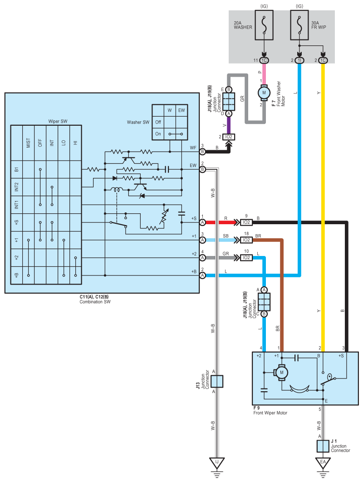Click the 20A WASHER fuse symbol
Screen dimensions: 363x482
(264, 25)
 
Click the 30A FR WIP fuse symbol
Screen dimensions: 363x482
(299, 25)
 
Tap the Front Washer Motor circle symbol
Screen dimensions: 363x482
(264, 93)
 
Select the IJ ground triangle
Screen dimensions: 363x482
(217, 463)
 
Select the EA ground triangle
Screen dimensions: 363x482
(323, 463)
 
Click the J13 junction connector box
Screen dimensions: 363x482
(217, 382)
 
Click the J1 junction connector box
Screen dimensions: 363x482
(323, 446)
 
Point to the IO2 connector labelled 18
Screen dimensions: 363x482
(246, 240)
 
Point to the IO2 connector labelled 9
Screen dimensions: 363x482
(246, 222)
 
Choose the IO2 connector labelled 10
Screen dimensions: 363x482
(246, 258)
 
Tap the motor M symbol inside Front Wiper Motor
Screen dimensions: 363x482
(281, 373)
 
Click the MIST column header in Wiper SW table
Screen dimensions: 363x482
(28, 143)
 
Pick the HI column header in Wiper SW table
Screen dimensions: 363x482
(76, 143)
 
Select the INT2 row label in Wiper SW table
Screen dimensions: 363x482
(17, 187)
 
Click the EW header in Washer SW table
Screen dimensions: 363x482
(181, 110)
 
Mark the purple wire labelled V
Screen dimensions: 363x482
(229, 125)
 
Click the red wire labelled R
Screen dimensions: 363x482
(220, 222)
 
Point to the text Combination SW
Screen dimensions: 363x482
(95, 302)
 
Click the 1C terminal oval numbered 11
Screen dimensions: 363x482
(264, 60)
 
